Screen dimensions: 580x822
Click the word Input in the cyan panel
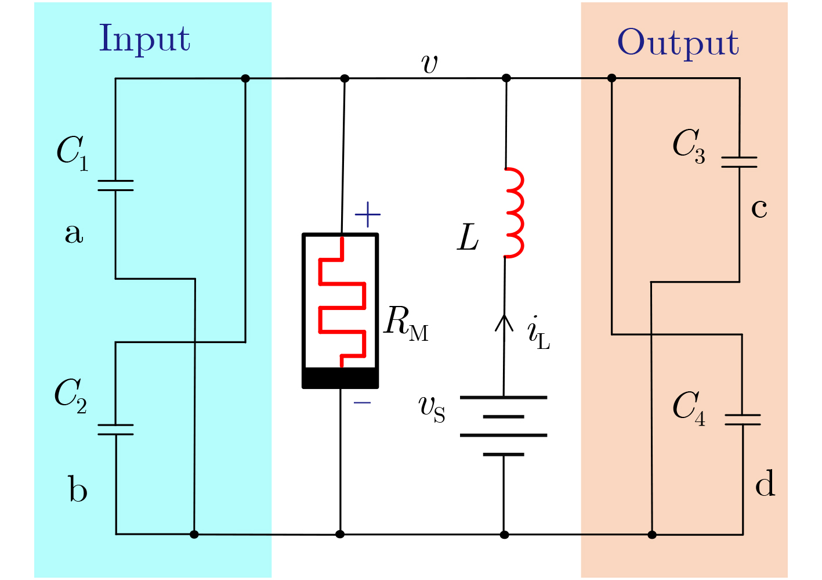click(144, 39)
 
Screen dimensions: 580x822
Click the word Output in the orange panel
click(678, 43)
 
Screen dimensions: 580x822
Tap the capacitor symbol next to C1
click(115, 185)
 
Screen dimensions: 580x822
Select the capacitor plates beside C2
click(115, 429)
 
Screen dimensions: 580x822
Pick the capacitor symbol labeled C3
click(739, 162)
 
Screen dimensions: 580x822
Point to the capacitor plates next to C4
click(743, 419)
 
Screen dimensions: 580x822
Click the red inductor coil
click(515, 212)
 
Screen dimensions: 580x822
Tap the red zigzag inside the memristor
click(342, 302)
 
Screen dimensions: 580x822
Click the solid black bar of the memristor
click(341, 377)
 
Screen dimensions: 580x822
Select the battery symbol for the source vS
click(504, 426)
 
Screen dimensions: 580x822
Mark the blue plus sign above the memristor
click(367, 216)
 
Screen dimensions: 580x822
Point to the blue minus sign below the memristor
click(363, 402)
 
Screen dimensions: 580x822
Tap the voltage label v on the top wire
click(430, 63)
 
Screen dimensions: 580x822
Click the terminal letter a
click(74, 233)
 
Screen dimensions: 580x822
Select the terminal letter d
click(765, 483)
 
